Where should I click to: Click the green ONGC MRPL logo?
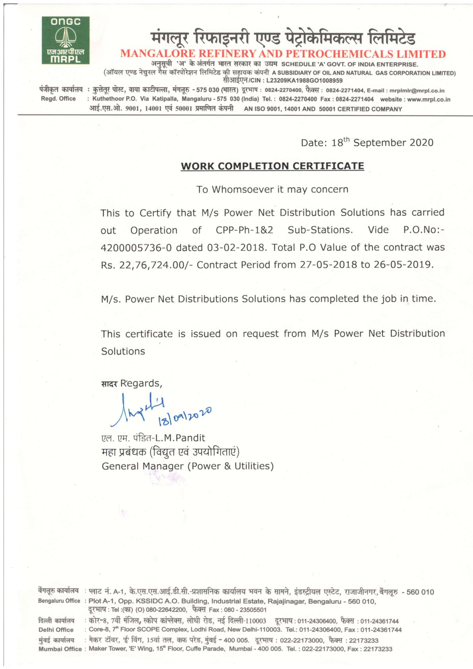(66, 40)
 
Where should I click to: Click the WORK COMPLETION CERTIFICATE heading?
(272, 166)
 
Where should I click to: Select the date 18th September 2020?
(382, 143)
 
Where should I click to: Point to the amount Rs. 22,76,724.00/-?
(147, 265)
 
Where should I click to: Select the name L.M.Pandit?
(180, 438)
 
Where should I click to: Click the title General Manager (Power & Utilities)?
(188, 466)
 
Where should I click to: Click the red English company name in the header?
(283, 54)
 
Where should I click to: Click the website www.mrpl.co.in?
(428, 99)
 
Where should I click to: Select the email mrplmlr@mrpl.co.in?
(417, 91)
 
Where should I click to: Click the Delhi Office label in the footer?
(56, 630)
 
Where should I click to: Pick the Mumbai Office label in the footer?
(60, 649)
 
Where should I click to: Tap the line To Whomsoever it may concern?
(272, 190)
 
